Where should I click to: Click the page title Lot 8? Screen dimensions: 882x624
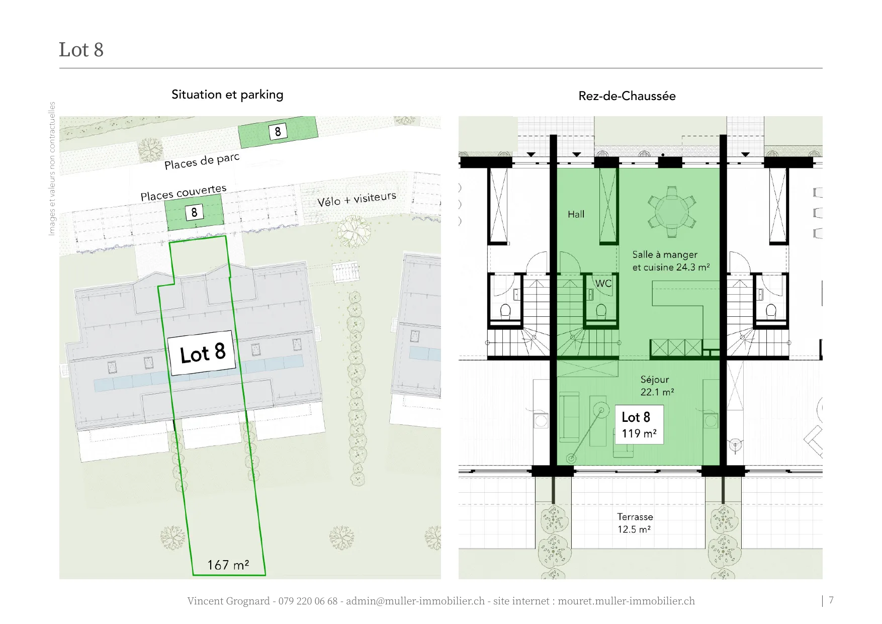81,50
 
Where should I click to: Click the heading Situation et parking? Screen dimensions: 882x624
227,95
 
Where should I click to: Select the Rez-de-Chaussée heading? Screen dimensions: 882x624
627,96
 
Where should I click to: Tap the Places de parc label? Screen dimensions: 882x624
202,161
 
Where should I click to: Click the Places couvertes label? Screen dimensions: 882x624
184,193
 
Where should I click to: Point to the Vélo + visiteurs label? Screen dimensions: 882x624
357,199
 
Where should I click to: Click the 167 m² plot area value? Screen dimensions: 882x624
228,565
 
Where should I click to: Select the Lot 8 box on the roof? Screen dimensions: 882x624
203,353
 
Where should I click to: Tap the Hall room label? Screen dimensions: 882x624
576,214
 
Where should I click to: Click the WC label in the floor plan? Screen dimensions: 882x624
603,284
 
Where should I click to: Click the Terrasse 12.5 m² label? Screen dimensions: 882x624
635,523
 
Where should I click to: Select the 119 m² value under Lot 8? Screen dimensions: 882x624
639,433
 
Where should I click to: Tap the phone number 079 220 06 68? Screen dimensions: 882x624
308,601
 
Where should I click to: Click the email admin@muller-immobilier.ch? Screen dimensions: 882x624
415,601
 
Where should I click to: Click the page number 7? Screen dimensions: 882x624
831,600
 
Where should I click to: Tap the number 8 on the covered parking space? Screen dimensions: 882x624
194,212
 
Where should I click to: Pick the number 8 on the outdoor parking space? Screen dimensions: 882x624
278,132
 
